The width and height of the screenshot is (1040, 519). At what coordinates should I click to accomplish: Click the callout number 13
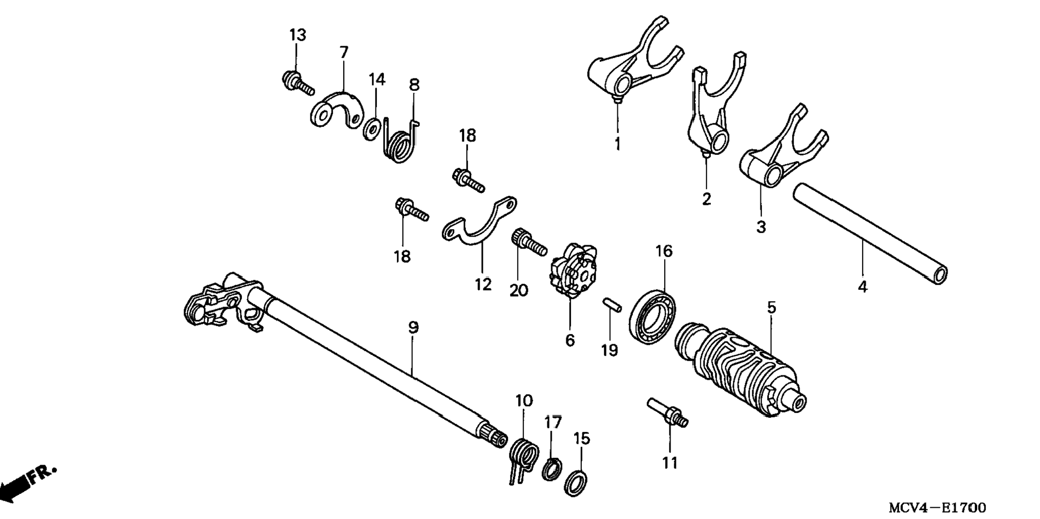[297, 35]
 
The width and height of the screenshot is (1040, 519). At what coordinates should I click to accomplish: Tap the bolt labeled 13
[297, 83]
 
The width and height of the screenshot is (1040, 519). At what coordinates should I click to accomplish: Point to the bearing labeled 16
[653, 316]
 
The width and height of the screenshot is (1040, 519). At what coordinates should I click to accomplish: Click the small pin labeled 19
[611, 304]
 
